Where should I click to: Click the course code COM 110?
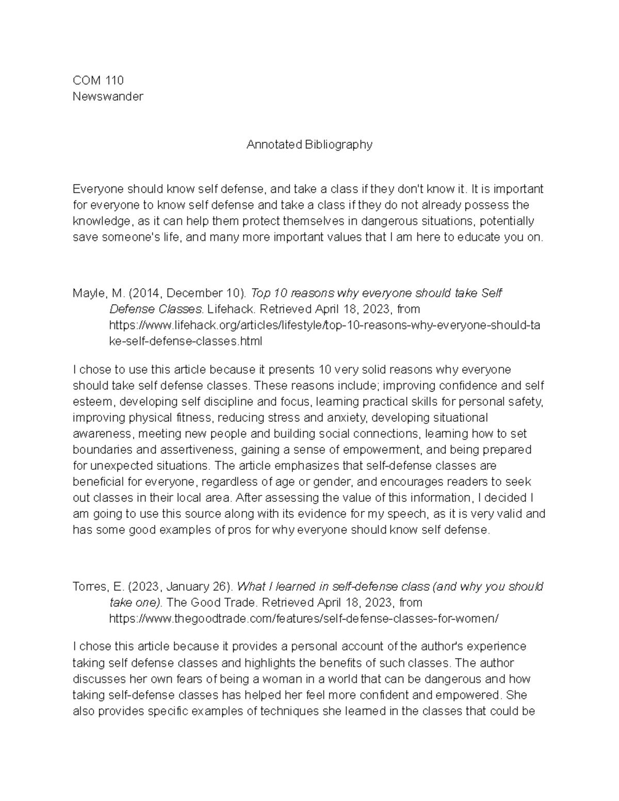[98, 80]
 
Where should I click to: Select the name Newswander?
[108, 96]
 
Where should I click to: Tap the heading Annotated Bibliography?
[309, 145]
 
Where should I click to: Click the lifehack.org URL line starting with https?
[325, 325]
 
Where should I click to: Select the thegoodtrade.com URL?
[304, 618]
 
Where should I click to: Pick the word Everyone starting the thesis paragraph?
[97, 189]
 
